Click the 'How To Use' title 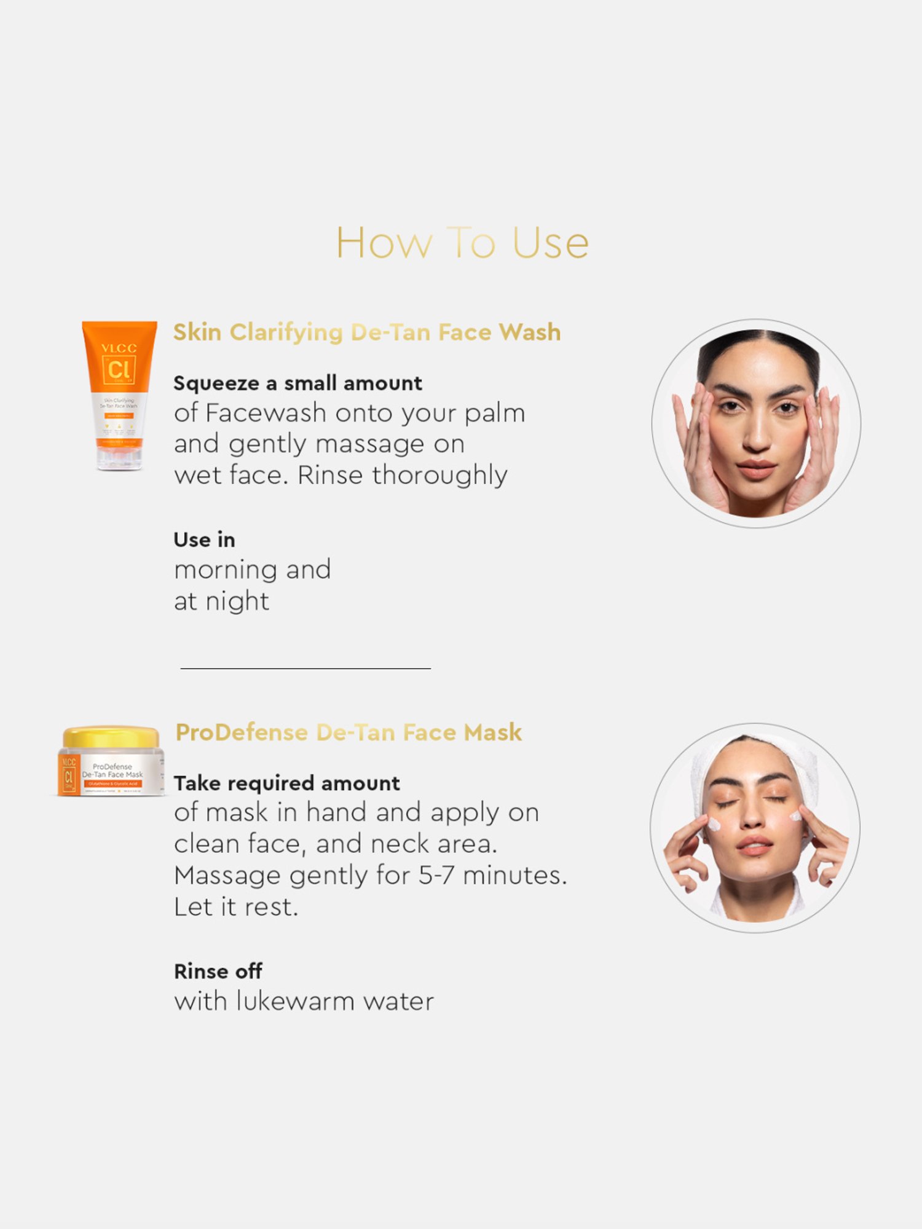pyautogui.click(x=462, y=243)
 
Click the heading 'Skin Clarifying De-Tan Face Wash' pyautogui.click(x=367, y=332)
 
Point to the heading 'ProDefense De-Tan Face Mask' pyautogui.click(x=349, y=732)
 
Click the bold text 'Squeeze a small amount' pyautogui.click(x=297, y=383)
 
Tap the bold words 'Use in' pyautogui.click(x=204, y=540)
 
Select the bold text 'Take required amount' pyautogui.click(x=286, y=783)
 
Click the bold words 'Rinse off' pyautogui.click(x=218, y=972)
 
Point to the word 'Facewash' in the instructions pyautogui.click(x=266, y=414)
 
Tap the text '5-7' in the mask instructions pyautogui.click(x=436, y=876)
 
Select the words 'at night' pyautogui.click(x=221, y=602)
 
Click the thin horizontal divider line pyautogui.click(x=305, y=668)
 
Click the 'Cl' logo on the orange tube pyautogui.click(x=119, y=369)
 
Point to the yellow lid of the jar pyautogui.click(x=111, y=737)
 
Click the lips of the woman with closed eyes pyautogui.click(x=755, y=846)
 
